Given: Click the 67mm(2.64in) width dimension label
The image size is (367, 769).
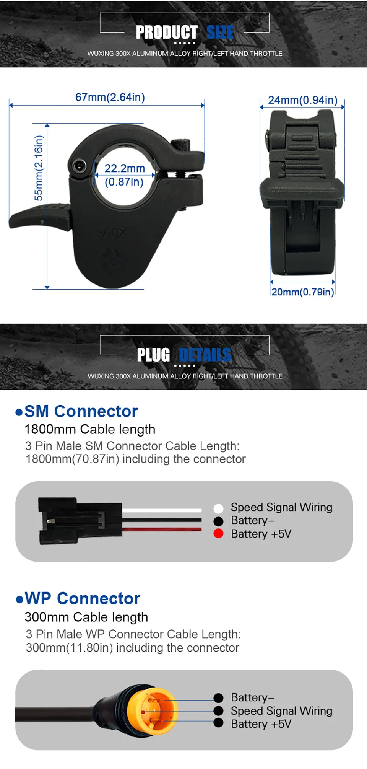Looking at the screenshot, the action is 110,97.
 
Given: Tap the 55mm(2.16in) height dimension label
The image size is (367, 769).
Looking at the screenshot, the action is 39,168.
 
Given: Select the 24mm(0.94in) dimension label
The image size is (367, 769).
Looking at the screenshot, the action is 302,100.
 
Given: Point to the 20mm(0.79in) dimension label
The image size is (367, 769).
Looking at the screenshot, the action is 302,292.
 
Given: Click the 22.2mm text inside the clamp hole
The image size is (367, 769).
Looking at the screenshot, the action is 125,168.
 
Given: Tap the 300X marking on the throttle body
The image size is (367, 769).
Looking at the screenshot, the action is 111,233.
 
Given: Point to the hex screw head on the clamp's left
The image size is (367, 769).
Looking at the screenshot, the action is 79,166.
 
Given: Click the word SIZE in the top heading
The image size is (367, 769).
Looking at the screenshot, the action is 220,33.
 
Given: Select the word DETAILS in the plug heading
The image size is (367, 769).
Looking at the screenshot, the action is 205,355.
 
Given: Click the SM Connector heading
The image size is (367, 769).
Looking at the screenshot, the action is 81,411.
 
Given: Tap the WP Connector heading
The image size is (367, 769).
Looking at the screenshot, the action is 82,598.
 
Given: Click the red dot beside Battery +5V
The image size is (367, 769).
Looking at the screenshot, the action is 218,533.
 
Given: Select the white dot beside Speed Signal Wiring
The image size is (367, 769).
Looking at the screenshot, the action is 218,508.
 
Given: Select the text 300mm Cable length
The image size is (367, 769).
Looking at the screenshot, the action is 86,617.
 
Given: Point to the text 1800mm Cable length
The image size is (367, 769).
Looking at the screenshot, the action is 90,429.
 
